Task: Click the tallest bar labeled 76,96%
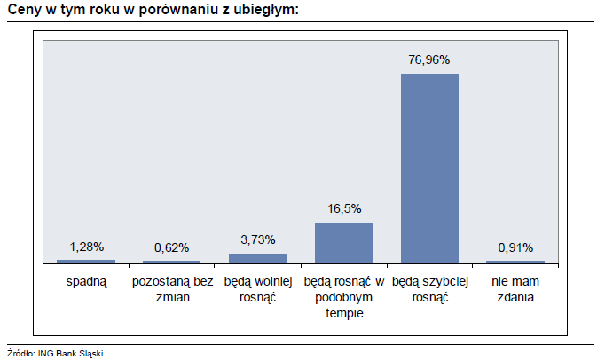click(x=429, y=168)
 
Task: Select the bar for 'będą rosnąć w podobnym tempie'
click(x=343, y=242)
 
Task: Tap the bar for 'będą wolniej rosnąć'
click(x=257, y=258)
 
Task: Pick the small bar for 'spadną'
click(x=86, y=262)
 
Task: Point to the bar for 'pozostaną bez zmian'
click(x=171, y=262)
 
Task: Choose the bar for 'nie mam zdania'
click(x=515, y=262)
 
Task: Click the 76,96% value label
click(x=429, y=60)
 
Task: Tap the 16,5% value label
click(x=343, y=209)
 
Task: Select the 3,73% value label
click(x=257, y=239)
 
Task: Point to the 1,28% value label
click(x=86, y=247)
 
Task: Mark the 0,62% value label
click(x=171, y=247)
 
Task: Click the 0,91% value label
click(x=515, y=247)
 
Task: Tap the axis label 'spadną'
click(x=86, y=282)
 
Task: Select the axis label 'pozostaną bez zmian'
click(x=171, y=289)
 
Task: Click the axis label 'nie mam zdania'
click(x=515, y=289)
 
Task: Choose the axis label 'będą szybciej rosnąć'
click(x=429, y=289)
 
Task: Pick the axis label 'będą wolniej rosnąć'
click(x=257, y=289)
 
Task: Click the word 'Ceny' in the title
click(x=24, y=10)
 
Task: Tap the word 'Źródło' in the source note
click(x=20, y=353)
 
